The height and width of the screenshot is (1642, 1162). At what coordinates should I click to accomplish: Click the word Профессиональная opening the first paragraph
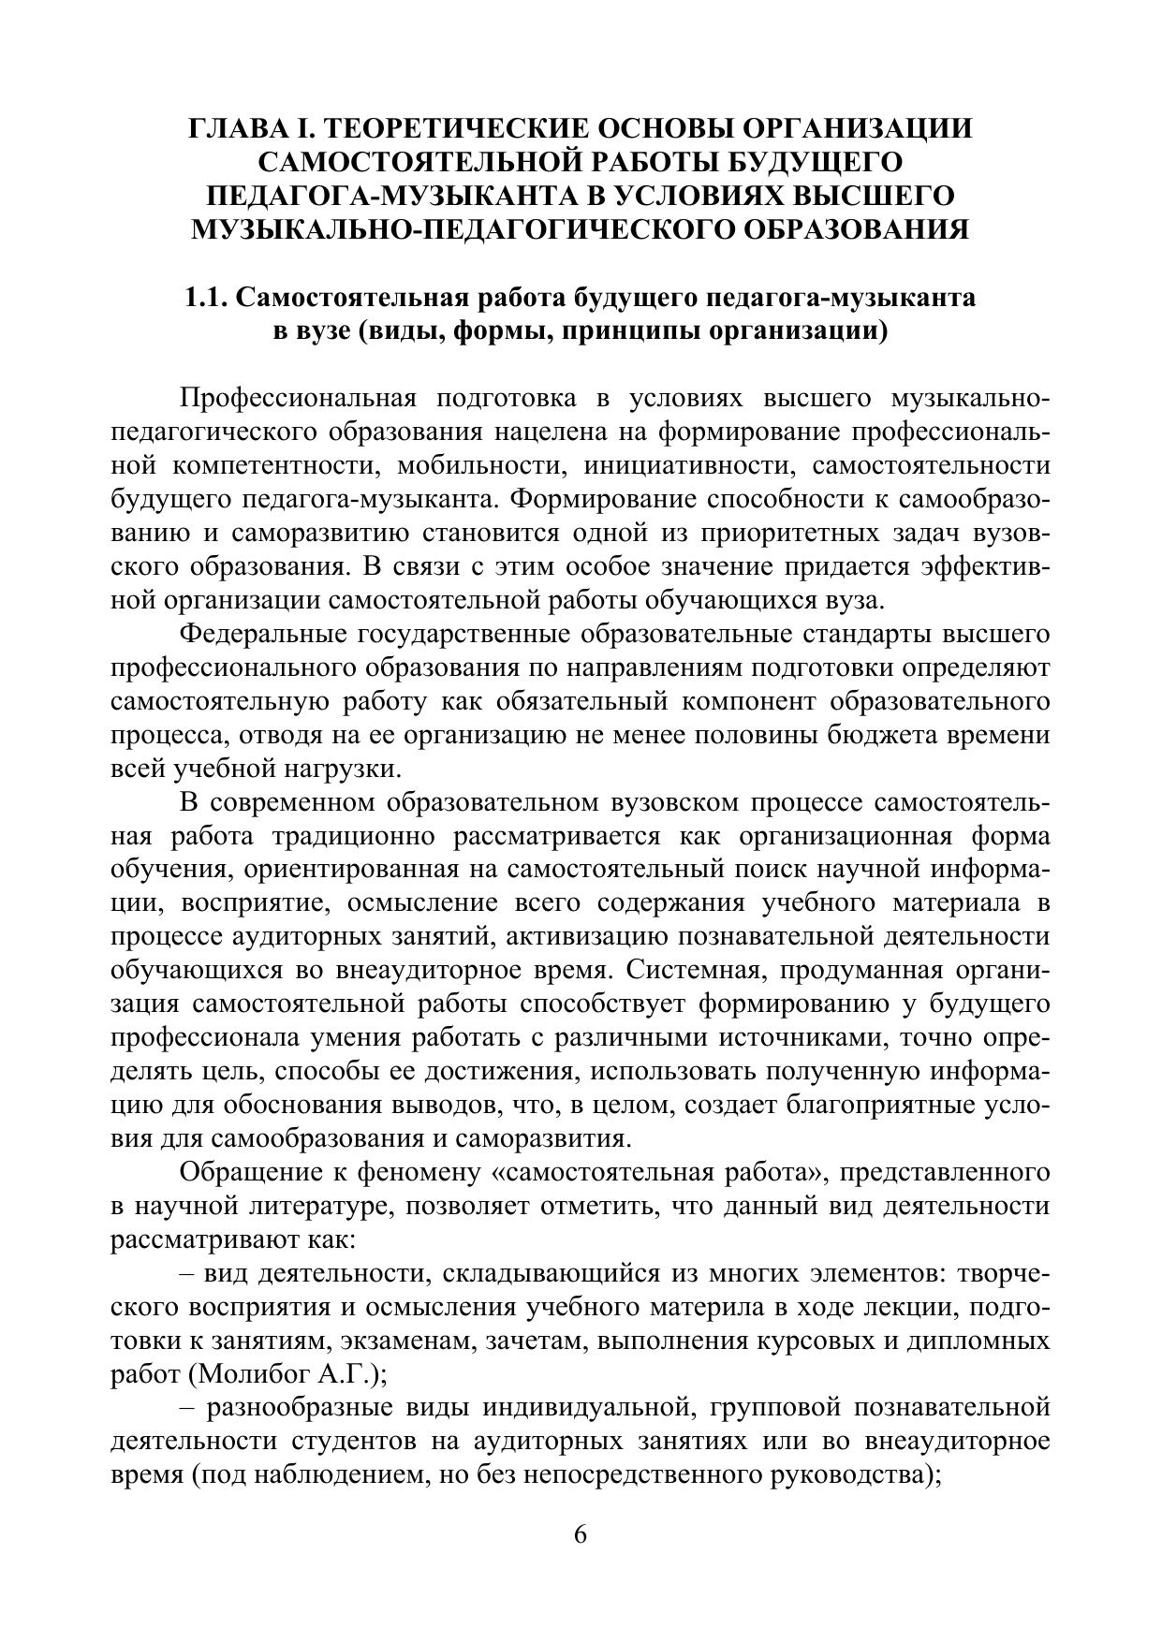297,398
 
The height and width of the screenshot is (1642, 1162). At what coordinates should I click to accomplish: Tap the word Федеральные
262,634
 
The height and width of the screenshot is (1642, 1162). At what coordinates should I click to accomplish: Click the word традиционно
340,836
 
